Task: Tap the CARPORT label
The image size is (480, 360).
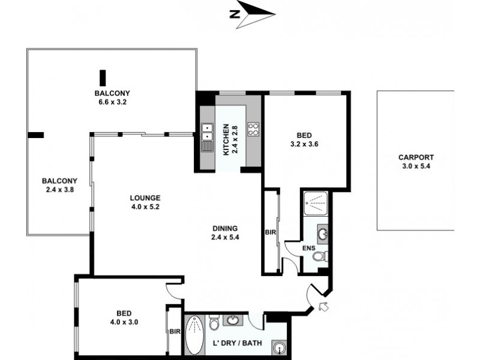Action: coord(415,158)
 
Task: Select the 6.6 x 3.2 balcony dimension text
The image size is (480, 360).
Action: coord(112,102)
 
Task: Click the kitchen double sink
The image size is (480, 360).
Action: coord(206,136)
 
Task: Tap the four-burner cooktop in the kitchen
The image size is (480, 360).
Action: coord(253,129)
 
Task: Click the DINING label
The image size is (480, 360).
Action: coord(225,228)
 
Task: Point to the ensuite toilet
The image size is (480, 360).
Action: coord(320,257)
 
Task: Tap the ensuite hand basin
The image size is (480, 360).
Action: coord(322,233)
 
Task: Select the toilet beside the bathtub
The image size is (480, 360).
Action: coord(214,325)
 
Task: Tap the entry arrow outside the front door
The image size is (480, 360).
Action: coord(324,308)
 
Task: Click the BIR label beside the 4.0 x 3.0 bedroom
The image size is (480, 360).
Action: coord(174,330)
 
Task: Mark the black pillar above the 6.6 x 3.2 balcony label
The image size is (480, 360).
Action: coord(103,77)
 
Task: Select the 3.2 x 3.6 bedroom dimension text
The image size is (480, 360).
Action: coord(306,144)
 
